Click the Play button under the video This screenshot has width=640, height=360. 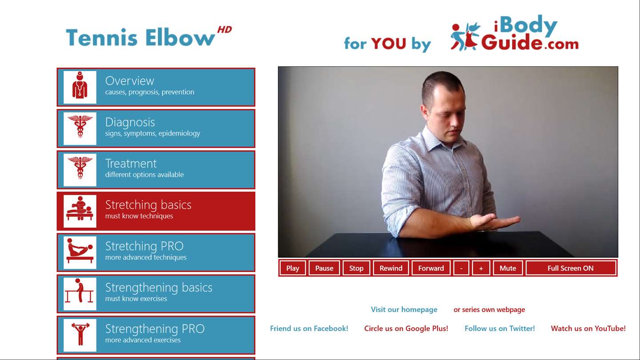(292, 268)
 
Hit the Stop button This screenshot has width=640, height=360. (356, 268)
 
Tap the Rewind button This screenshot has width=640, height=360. (391, 268)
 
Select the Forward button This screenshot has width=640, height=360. (431, 268)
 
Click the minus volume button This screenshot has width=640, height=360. (461, 268)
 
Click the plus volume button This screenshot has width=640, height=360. (481, 268)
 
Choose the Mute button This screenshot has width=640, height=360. (508, 268)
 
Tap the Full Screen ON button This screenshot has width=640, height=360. (571, 268)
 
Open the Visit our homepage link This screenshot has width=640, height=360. (404, 309)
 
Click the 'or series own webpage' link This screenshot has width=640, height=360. (489, 309)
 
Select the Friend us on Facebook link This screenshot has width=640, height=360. (309, 328)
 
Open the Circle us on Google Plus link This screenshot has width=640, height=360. (406, 328)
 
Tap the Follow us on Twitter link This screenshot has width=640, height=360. (500, 328)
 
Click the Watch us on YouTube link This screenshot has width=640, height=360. (588, 328)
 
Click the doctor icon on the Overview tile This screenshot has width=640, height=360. (80, 85)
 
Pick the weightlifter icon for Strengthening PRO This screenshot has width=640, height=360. (80, 334)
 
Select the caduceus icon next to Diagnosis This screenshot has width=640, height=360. (80, 126)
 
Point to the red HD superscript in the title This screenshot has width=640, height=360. (224, 30)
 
